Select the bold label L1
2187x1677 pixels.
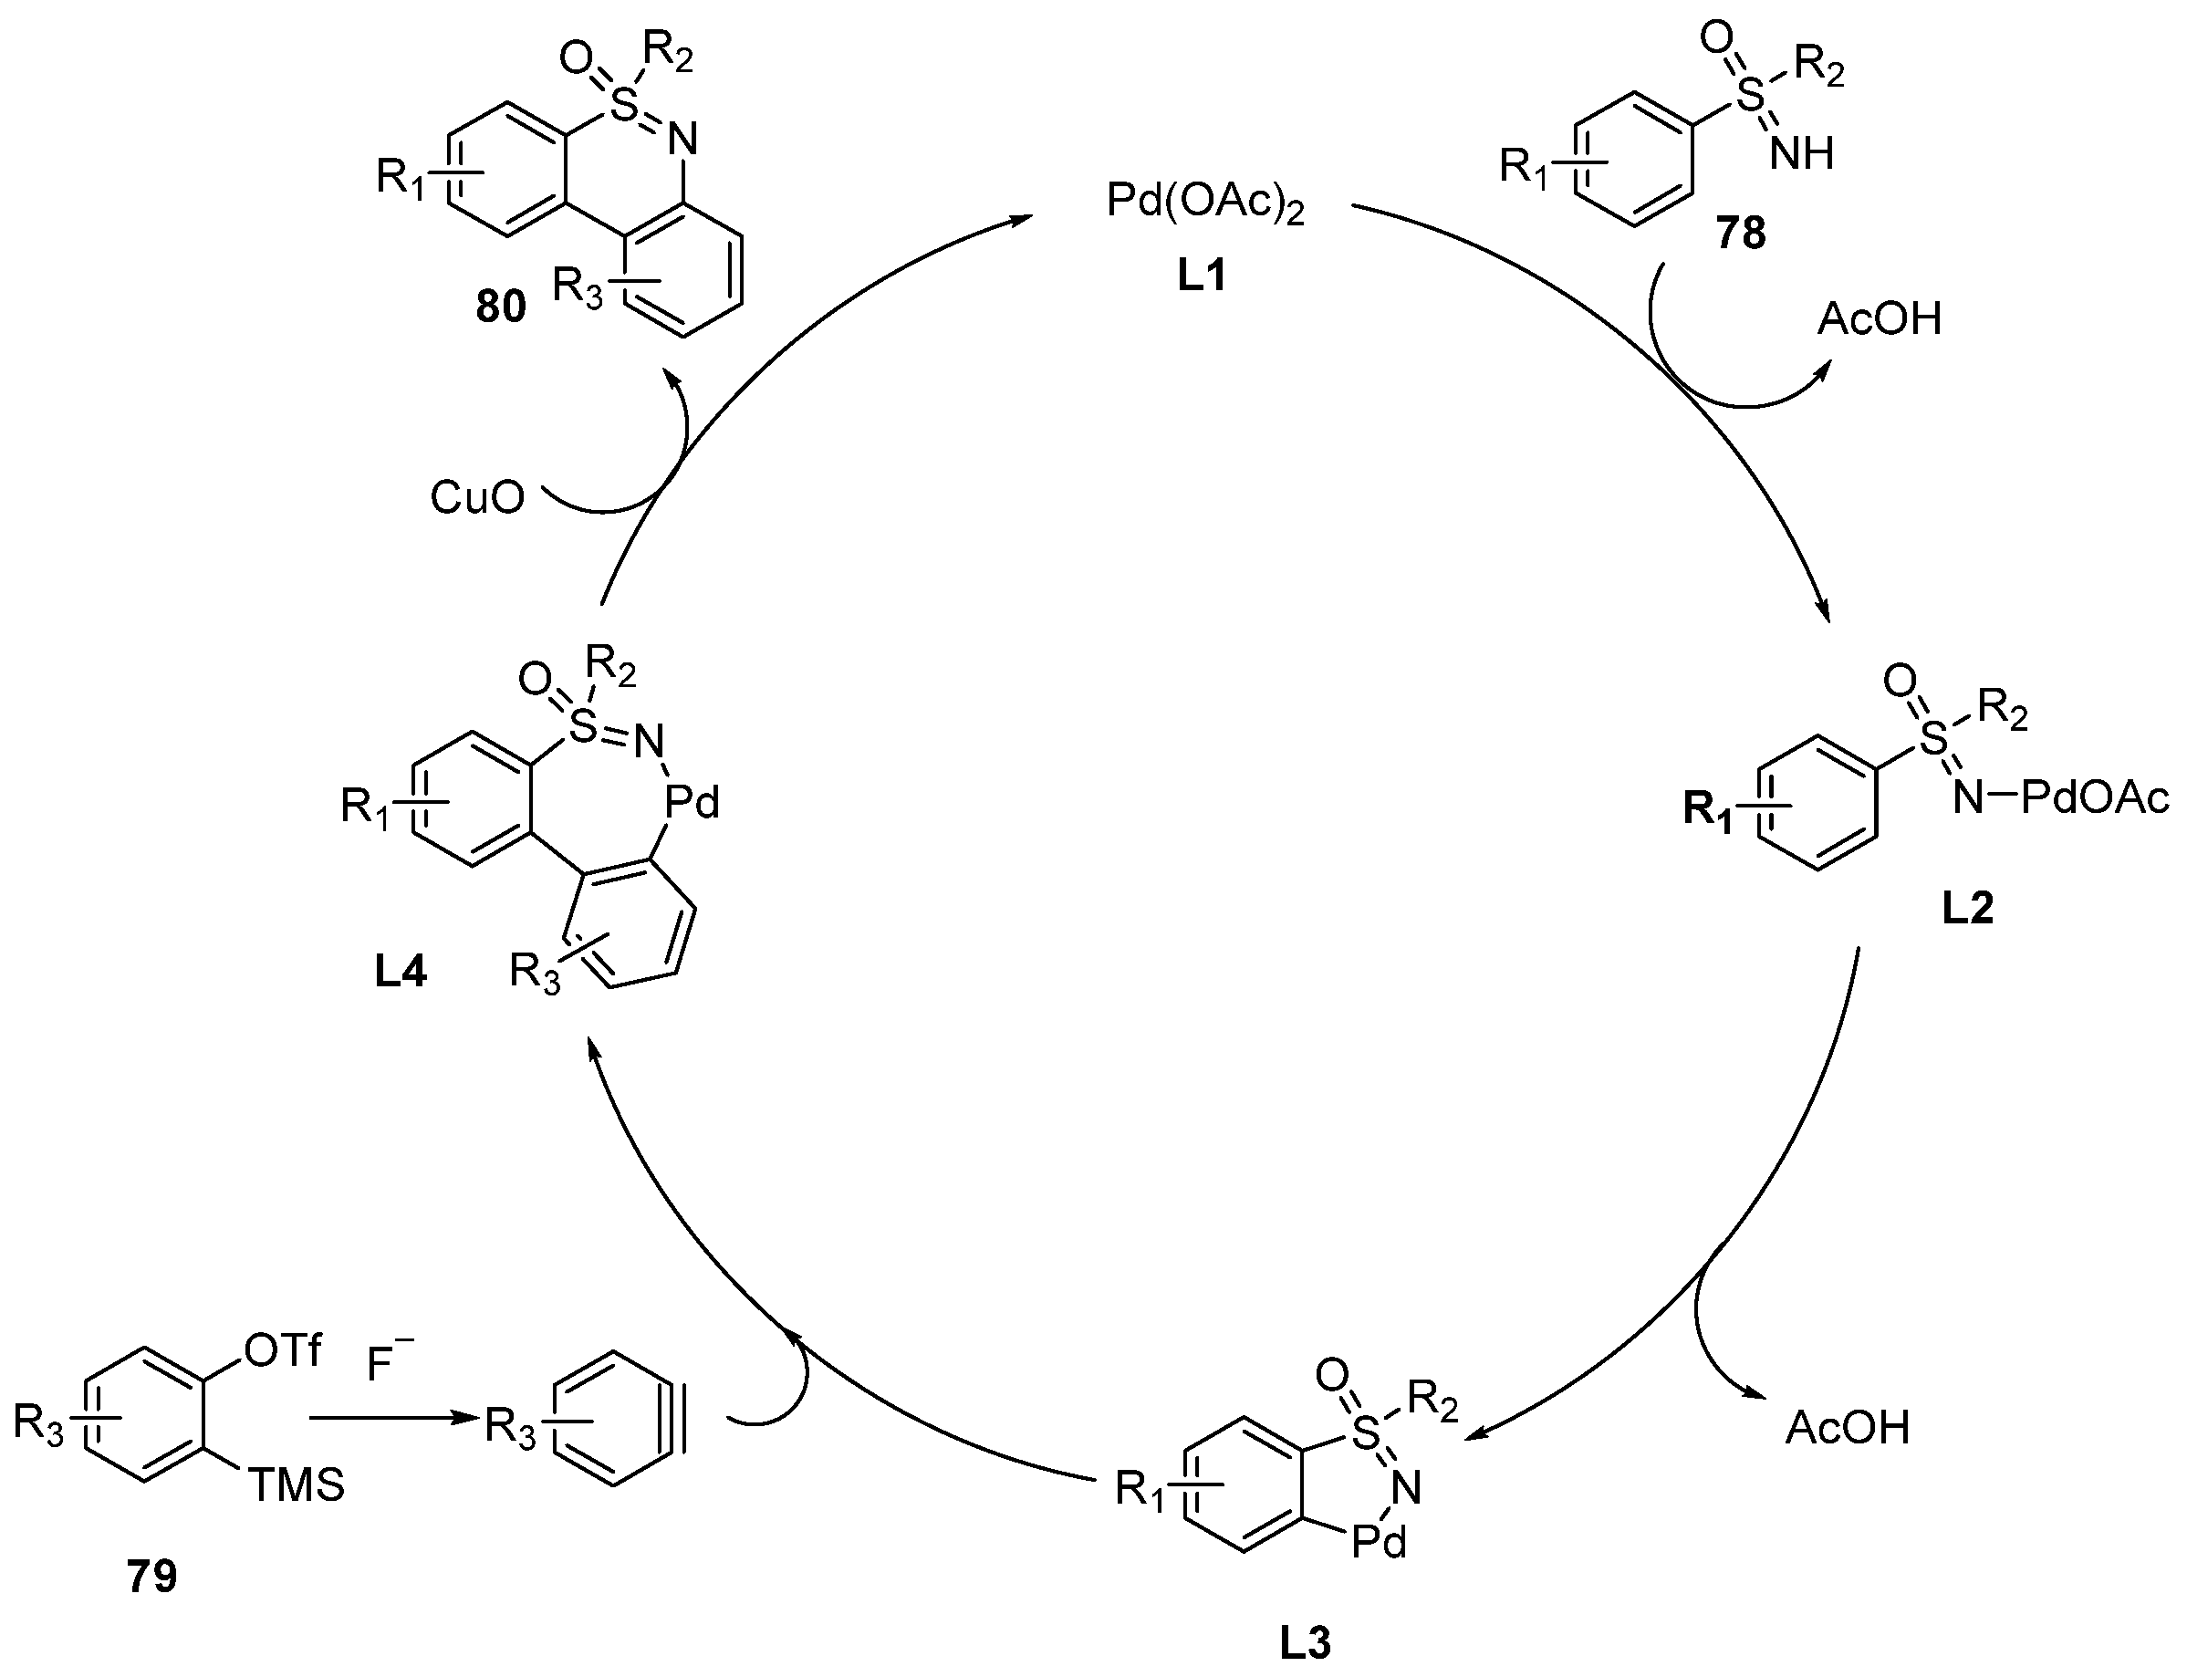[x=1201, y=276]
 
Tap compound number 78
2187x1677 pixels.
[x=1741, y=233]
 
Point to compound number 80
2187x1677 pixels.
[x=500, y=307]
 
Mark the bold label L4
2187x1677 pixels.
[x=401, y=973]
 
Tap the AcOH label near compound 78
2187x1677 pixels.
[x=1880, y=320]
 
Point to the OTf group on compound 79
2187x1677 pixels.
[x=283, y=1351]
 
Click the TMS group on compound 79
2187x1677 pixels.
[x=297, y=1486]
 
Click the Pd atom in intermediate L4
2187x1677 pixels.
[x=692, y=804]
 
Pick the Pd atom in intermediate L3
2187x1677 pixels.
[x=1379, y=1543]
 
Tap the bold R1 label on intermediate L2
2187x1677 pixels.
[x=1709, y=810]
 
